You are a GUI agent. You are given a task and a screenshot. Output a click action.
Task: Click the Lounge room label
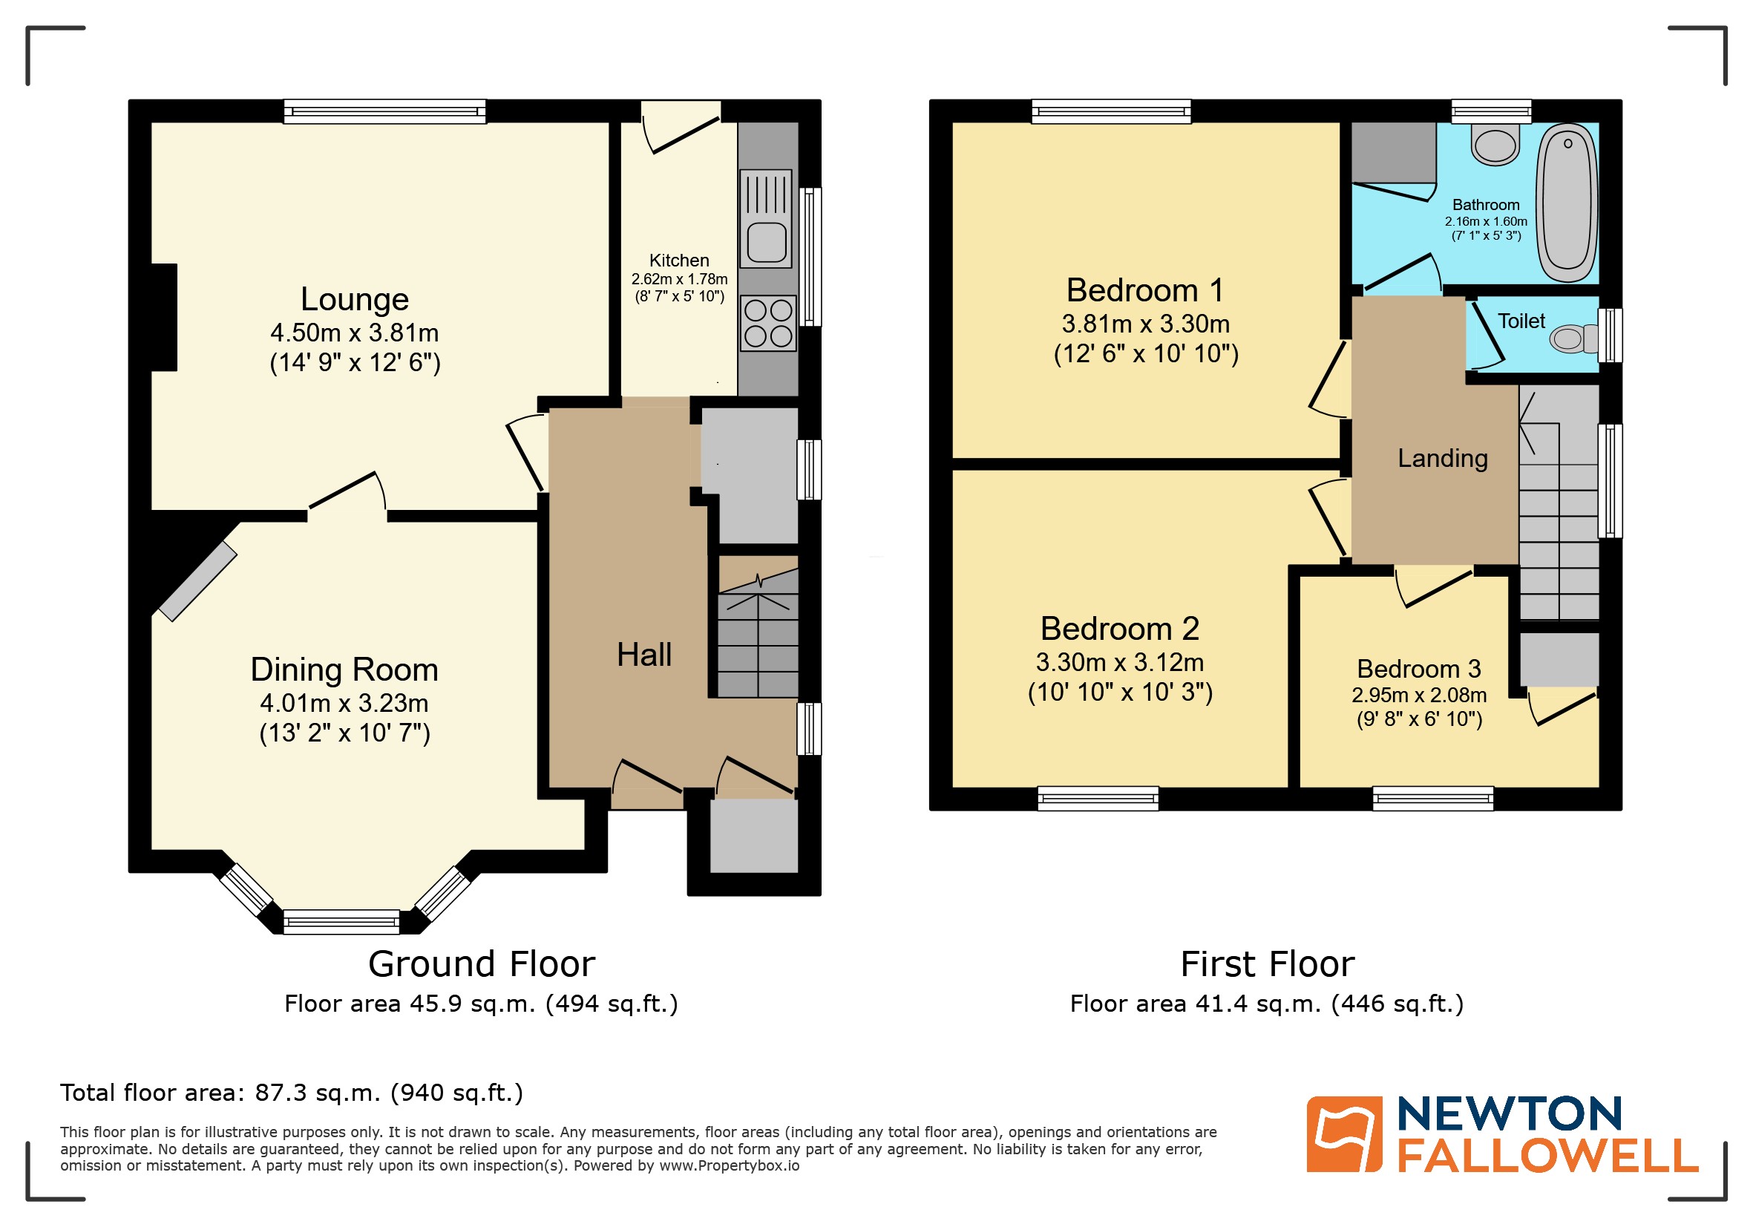point(354,299)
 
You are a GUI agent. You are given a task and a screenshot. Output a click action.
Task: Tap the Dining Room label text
point(344,670)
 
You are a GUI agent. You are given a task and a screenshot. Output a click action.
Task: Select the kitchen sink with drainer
point(766,218)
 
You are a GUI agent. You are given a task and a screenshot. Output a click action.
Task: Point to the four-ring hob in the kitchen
point(768,323)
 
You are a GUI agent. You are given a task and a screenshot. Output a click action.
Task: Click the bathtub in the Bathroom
point(1567,203)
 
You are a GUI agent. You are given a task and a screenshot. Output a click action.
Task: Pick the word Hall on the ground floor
point(643,655)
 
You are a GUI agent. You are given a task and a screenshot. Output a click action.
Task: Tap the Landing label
point(1442,458)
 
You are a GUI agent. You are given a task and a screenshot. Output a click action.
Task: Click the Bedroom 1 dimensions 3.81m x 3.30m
point(1145,324)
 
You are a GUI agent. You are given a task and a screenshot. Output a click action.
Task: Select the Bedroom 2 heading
point(1119,629)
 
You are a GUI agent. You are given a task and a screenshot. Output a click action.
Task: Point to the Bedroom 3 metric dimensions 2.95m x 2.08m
point(1418,695)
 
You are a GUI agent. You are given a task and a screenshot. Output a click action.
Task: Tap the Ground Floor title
point(481,963)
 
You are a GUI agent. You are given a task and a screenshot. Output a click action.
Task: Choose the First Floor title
point(1267,963)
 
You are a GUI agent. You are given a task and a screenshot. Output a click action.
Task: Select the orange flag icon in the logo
point(1344,1134)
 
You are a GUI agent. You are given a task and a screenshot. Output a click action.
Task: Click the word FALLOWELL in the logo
point(1547,1156)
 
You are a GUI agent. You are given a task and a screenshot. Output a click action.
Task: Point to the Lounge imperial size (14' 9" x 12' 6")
point(355,362)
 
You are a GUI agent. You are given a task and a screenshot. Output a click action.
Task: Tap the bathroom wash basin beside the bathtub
point(1494,145)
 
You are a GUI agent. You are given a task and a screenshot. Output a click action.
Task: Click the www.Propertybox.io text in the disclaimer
point(728,1166)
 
